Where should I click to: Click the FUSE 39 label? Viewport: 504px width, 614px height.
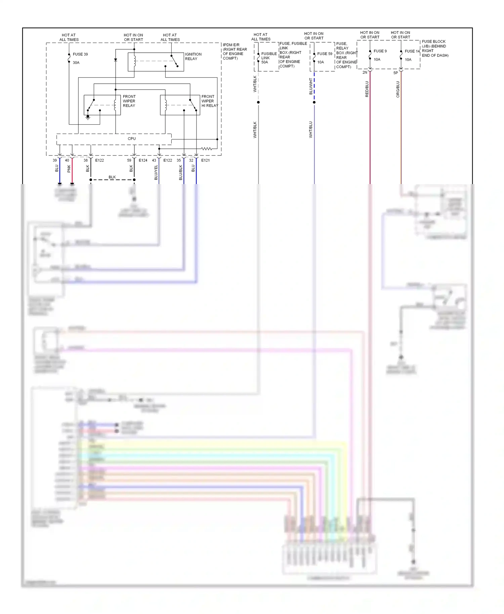[x=80, y=54]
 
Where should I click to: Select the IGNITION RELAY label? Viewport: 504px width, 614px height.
[x=193, y=56]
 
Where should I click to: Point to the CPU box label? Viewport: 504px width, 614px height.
[x=132, y=138]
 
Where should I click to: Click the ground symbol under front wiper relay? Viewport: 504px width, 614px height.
[x=88, y=118]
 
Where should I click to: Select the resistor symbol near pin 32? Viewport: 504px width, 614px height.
[x=206, y=148]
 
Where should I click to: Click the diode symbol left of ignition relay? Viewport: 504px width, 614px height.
[x=116, y=60]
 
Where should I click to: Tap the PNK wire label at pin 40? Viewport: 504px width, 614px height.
[x=69, y=168]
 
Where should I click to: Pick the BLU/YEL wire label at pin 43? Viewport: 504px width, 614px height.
[x=156, y=172]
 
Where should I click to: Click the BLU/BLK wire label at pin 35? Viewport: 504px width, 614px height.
[x=181, y=172]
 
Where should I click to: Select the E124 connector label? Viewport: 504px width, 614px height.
[x=143, y=160]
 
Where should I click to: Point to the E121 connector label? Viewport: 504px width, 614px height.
[x=205, y=160]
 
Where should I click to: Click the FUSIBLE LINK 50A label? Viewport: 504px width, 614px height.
[x=268, y=58]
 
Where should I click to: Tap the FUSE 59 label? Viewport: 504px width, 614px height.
[x=325, y=54]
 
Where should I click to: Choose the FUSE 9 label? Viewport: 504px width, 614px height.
[x=380, y=51]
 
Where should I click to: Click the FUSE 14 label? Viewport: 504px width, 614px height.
[x=412, y=51]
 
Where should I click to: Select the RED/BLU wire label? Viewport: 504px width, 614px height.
[x=367, y=89]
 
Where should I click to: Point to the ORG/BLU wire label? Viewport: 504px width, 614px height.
[x=398, y=89]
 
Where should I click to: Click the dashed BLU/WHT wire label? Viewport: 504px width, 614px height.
[x=311, y=86]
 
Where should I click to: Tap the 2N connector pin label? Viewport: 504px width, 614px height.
[x=365, y=73]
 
